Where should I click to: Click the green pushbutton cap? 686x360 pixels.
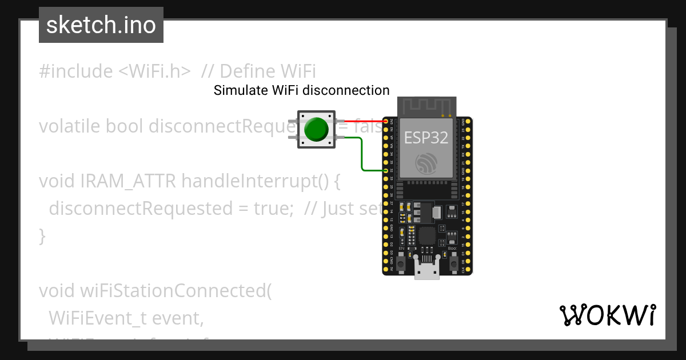316,130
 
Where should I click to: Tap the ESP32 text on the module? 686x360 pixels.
426,137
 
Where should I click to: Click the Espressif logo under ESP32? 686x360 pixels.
426,163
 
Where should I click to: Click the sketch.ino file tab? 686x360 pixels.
101,25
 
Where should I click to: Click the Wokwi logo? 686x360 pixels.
607,315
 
